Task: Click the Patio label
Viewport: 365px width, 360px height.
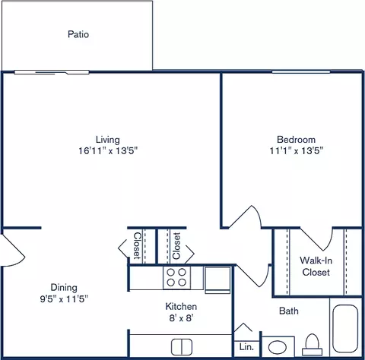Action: (x=78, y=34)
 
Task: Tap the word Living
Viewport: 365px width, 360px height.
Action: (x=107, y=139)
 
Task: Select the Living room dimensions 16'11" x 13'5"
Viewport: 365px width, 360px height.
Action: (x=107, y=150)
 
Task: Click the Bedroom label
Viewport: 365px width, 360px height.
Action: (x=296, y=139)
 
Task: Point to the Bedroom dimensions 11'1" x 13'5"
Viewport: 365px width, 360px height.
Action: (x=296, y=150)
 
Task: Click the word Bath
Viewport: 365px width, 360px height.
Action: (x=289, y=311)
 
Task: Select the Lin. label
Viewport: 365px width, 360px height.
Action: (x=246, y=346)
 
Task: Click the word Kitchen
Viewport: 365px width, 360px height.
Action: (x=181, y=306)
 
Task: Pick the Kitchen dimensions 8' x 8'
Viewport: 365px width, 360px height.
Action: (x=181, y=318)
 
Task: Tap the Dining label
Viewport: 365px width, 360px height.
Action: (x=64, y=287)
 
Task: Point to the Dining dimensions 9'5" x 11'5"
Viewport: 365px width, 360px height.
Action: (x=64, y=298)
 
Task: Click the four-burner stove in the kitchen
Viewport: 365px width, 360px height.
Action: (x=177, y=277)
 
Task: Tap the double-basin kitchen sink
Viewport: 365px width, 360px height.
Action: (x=181, y=347)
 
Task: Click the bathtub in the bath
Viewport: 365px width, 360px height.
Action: (x=345, y=329)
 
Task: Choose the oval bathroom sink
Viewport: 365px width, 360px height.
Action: (x=275, y=347)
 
